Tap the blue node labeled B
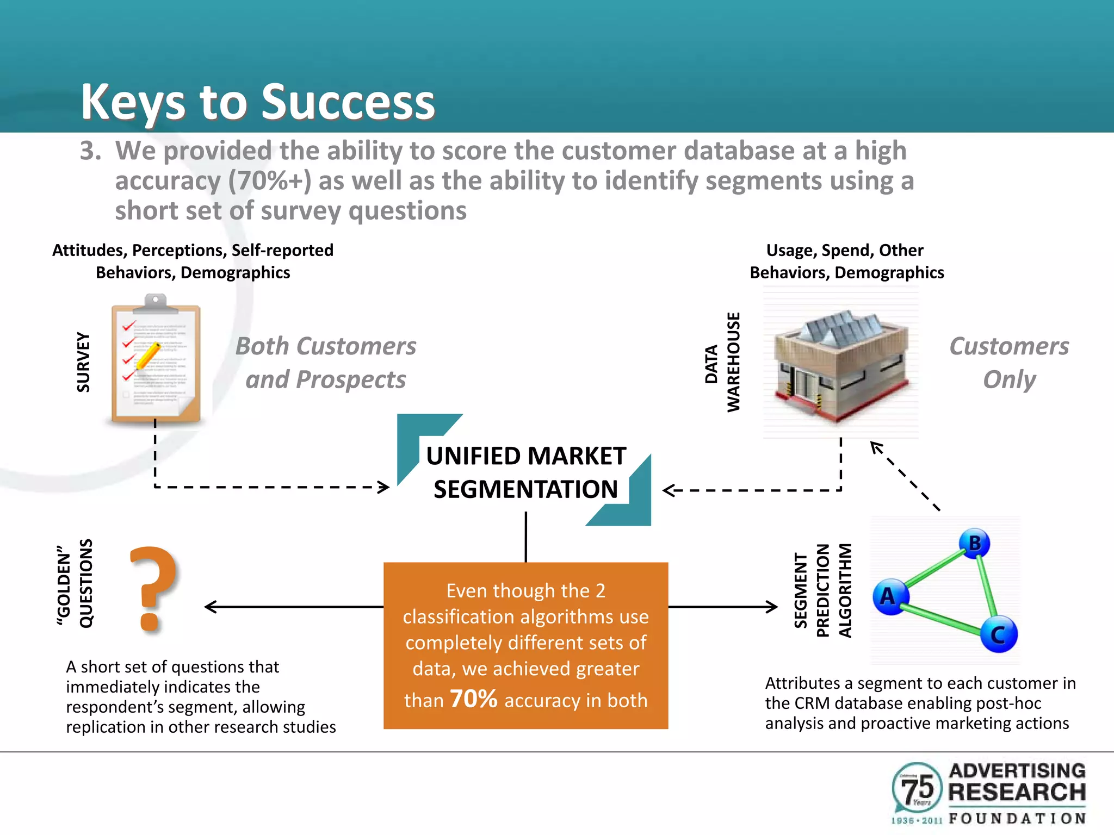[974, 543]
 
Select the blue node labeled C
[999, 634]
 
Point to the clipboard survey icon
[156, 360]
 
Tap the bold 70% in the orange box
[473, 699]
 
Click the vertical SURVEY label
[83, 362]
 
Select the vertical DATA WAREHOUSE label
[722, 363]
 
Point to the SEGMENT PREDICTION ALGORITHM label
[822, 590]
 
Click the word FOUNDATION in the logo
[1017, 818]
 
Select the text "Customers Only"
[1009, 363]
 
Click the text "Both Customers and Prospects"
[326, 363]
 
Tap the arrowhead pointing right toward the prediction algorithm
[772, 607]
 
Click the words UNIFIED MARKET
[525, 456]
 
